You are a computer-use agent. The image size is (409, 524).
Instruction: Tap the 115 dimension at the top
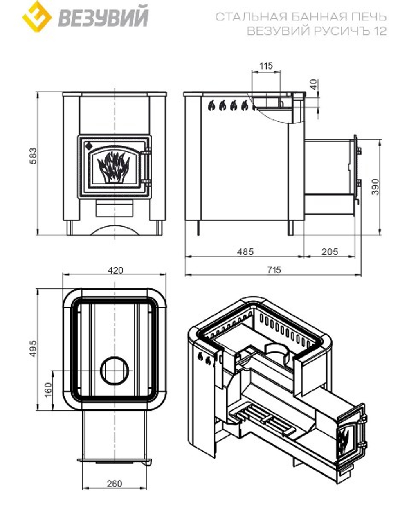[266, 66]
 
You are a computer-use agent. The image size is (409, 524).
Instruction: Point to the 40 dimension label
[314, 85]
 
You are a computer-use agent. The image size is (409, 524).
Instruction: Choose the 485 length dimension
[245, 252]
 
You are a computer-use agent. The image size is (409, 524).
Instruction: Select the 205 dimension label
[330, 252]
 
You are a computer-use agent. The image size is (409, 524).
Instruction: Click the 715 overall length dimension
[274, 270]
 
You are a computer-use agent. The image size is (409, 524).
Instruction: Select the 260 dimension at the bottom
[115, 484]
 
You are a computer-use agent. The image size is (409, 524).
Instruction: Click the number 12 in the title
[380, 31]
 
